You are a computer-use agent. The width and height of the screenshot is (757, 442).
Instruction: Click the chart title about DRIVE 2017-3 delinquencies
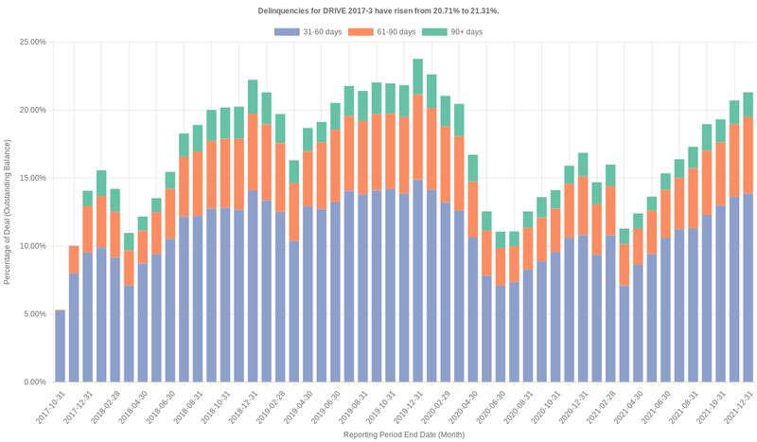point(378,10)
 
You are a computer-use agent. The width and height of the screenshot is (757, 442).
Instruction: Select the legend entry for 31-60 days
point(308,32)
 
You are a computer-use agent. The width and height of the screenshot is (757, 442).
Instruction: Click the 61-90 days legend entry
point(382,32)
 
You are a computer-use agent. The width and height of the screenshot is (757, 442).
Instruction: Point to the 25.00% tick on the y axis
point(32,43)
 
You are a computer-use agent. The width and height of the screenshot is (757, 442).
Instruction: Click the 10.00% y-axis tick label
point(32,246)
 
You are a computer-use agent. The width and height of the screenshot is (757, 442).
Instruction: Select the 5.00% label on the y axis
point(34,314)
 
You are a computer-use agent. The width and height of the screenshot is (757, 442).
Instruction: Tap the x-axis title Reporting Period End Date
point(404,434)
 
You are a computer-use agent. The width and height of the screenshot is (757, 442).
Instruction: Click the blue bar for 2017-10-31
point(60,345)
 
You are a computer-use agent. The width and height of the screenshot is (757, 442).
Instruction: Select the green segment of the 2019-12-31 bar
point(417,77)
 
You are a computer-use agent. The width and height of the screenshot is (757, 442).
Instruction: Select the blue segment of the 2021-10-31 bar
point(720,294)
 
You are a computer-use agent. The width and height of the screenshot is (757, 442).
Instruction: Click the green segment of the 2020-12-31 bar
point(583,165)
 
